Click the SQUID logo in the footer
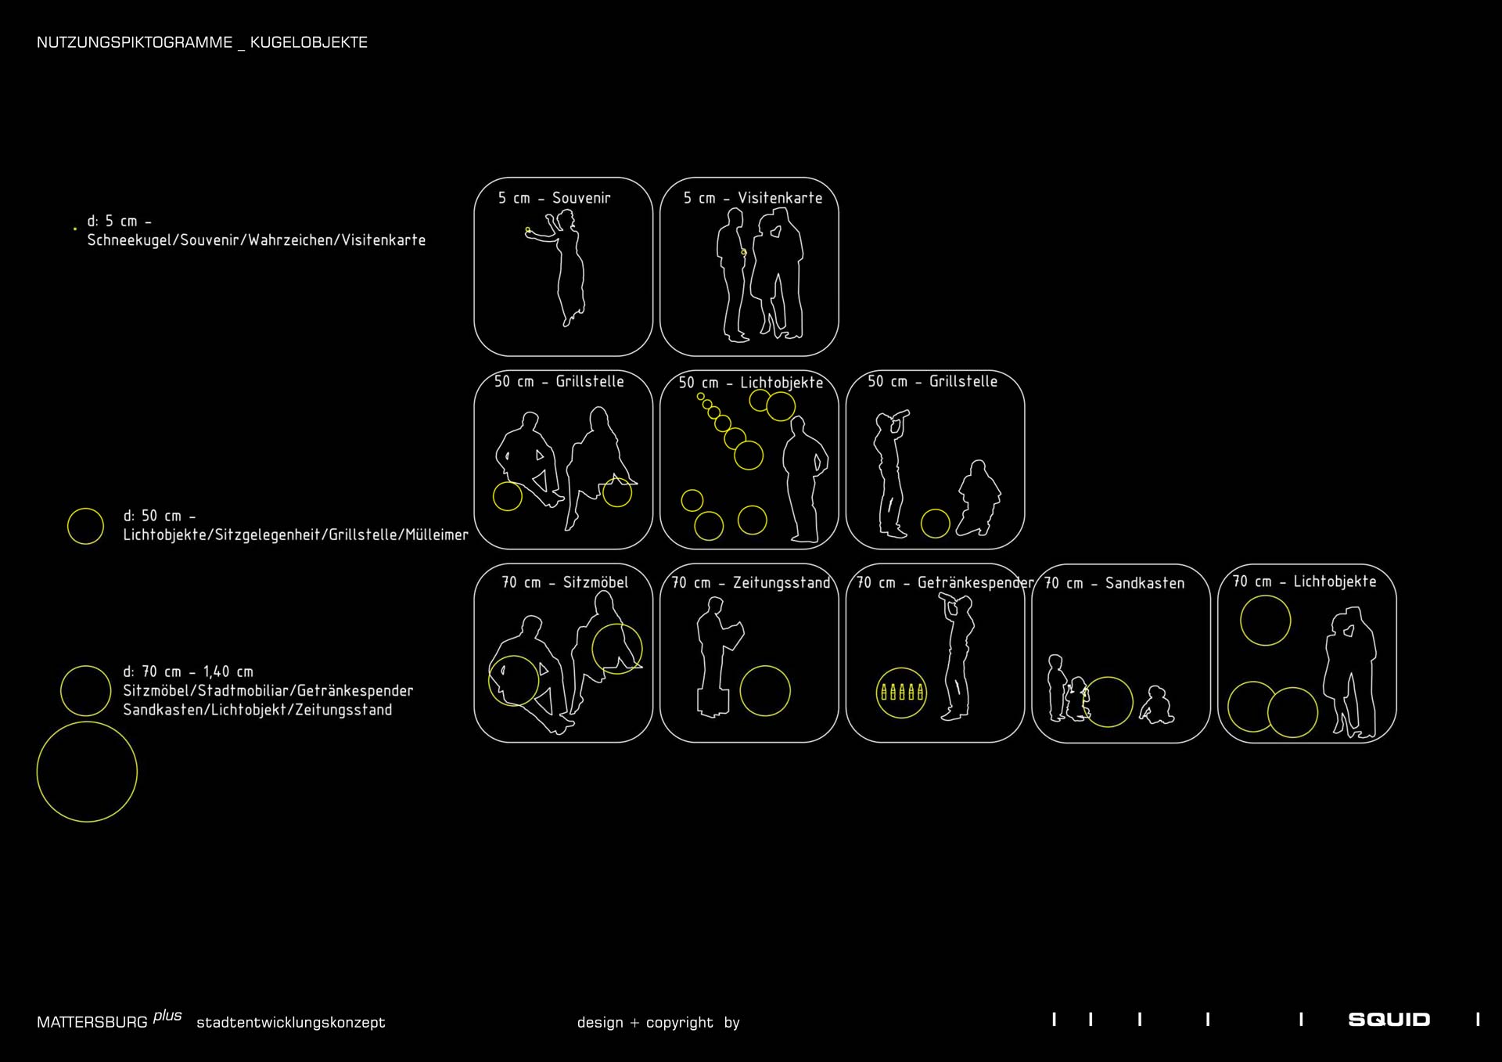coord(1389,1019)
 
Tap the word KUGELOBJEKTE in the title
coord(309,42)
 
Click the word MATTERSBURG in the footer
coord(92,1022)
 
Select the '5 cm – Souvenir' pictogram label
coord(554,198)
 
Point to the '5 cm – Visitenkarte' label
coord(753,198)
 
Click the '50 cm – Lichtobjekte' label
coord(751,383)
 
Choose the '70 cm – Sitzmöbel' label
coord(565,582)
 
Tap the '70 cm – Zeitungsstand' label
coord(751,583)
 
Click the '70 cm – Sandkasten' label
coord(1115,583)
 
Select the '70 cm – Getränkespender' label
coord(945,583)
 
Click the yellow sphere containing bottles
coord(901,693)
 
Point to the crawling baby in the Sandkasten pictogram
coord(1156,705)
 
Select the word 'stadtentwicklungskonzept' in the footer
coord(291,1023)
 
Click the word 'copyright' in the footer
coord(680,1023)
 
